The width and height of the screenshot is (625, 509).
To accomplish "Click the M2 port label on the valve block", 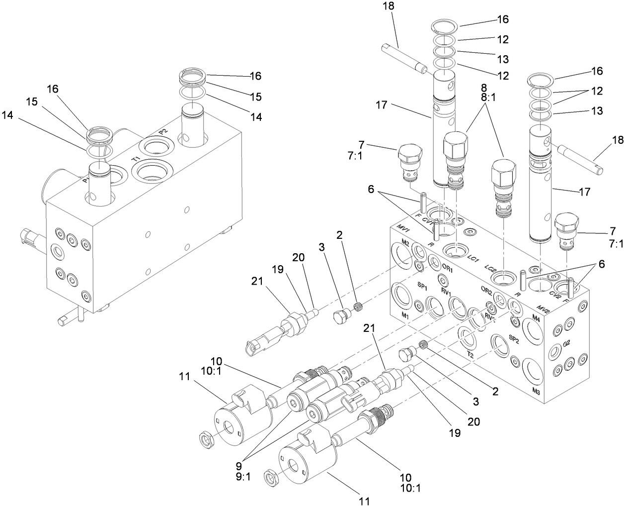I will point(405,242).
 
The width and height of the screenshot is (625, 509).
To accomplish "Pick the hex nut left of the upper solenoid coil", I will point(205,438).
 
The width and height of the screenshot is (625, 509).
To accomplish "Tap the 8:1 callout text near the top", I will point(474,99).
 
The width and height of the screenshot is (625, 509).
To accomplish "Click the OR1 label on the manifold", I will point(448,269).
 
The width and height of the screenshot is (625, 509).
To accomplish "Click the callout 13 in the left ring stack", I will point(503,59).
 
